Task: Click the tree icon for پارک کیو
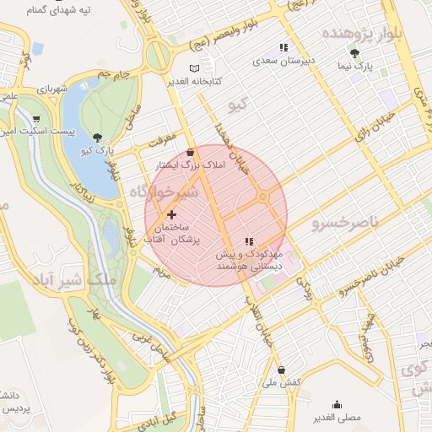[99, 137]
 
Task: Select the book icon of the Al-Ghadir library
[195, 67]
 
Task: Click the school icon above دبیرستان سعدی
[284, 48]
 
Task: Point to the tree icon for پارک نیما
[365, 52]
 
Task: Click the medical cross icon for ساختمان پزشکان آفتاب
[172, 215]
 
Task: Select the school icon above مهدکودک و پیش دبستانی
[248, 241]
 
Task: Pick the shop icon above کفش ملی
[281, 370]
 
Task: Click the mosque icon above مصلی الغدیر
[337, 404]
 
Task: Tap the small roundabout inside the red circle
[263, 197]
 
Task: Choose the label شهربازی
[51, 89]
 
